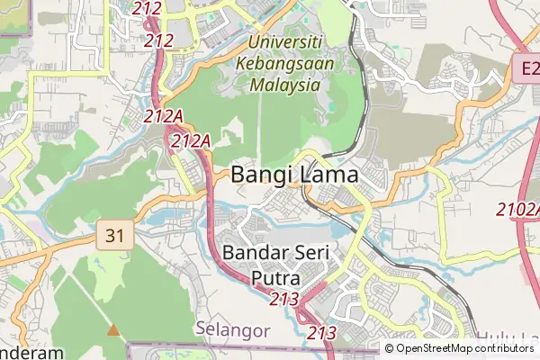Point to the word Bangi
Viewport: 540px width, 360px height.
pyautogui.click(x=261, y=175)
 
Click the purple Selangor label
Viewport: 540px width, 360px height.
pyautogui.click(x=233, y=330)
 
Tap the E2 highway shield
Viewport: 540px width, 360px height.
pyautogui.click(x=528, y=67)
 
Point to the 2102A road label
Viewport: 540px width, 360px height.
pyautogui.click(x=519, y=210)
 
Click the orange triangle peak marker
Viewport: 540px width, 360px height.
pyautogui.click(x=112, y=330)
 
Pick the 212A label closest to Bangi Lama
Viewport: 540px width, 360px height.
pyautogui.click(x=191, y=140)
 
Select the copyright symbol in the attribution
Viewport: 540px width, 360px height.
pyautogui.click(x=389, y=348)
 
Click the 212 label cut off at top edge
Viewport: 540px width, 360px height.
pyautogui.click(x=146, y=8)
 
